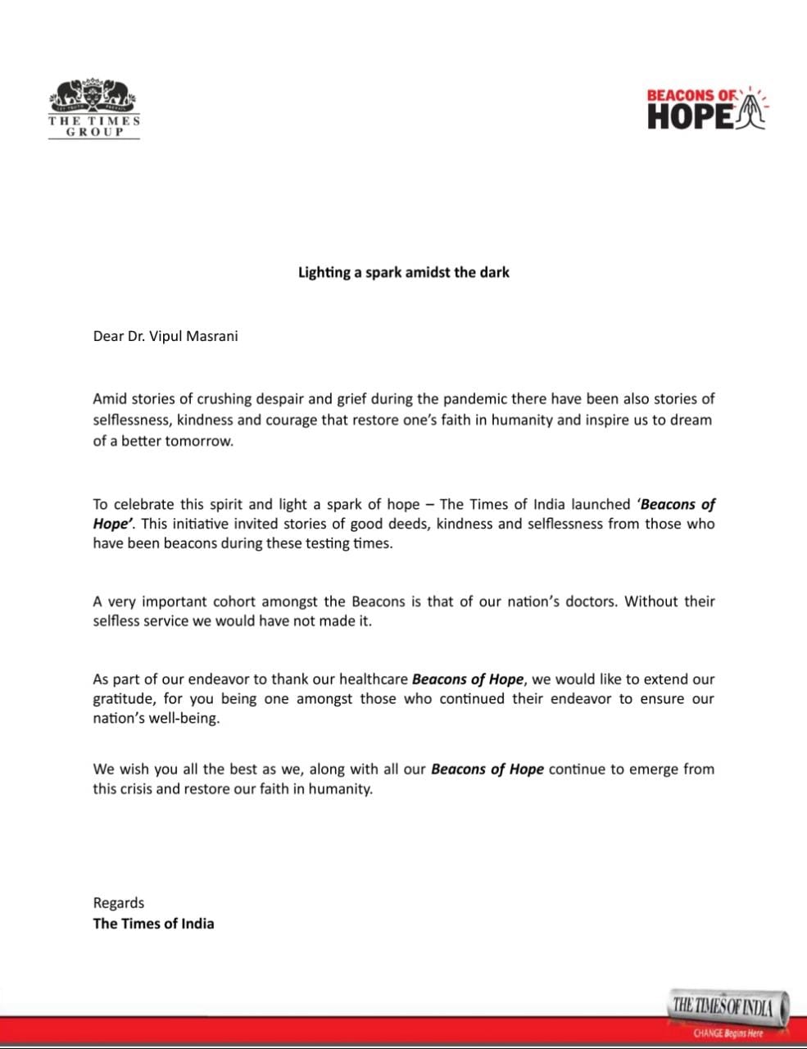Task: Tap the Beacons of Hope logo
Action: point(706,109)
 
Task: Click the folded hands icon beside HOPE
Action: point(752,112)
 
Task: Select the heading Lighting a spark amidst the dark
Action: point(403,272)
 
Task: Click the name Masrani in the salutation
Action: point(211,336)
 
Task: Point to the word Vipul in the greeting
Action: point(164,336)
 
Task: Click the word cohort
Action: point(227,601)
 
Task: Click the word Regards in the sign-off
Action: point(119,903)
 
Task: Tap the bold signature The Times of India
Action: point(153,924)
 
